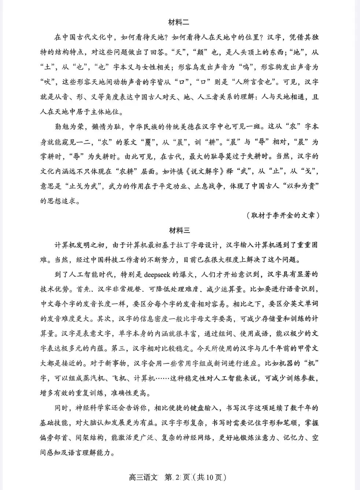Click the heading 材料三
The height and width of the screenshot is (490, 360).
tap(179, 231)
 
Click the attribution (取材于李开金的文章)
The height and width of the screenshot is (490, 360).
tap(283, 215)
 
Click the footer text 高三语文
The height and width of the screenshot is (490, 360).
tap(143, 478)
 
